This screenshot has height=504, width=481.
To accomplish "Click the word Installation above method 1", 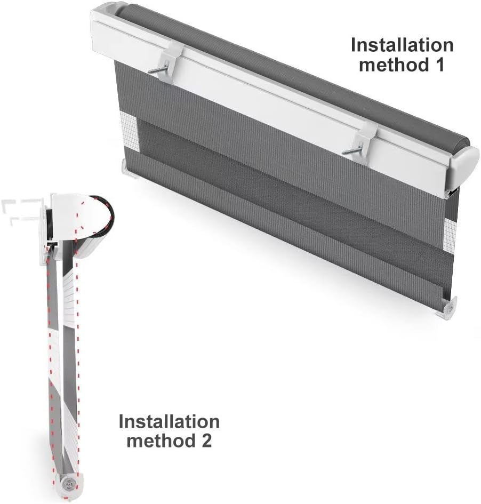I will [x=402, y=45].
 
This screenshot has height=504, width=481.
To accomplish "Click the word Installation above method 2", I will [x=169, y=421].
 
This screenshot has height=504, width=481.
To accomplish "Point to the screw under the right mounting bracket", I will [x=352, y=151].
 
